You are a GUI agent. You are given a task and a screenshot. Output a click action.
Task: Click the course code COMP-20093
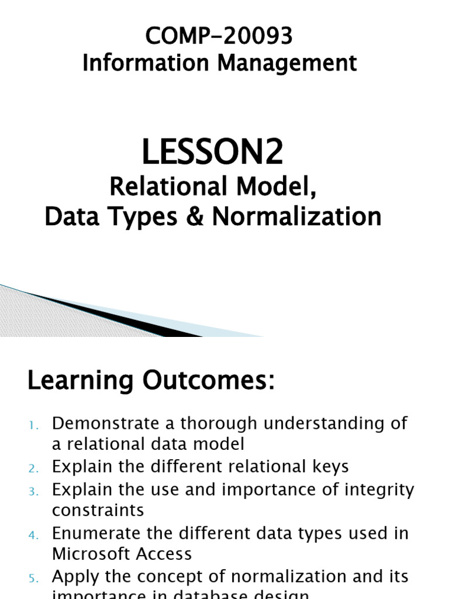click(219, 36)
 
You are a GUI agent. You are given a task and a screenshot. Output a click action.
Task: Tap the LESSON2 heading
click(213, 153)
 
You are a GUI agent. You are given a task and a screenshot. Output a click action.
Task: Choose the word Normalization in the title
click(296, 217)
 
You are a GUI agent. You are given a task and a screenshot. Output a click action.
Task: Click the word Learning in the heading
click(80, 381)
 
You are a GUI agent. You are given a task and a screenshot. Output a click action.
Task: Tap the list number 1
click(33, 425)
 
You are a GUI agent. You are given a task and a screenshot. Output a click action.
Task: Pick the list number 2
click(33, 468)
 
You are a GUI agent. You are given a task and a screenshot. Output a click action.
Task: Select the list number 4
click(33, 534)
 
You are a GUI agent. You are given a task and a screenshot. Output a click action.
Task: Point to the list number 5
click(33, 578)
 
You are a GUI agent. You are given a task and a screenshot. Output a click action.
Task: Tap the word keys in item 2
click(329, 467)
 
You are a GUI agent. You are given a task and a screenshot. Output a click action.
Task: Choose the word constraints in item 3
click(98, 510)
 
